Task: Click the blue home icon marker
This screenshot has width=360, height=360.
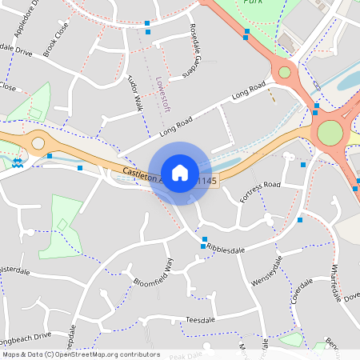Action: point(180,172)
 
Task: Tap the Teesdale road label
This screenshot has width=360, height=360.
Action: point(202,319)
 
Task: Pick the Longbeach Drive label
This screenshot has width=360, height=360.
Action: point(27,335)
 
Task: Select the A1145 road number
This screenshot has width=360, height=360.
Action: point(205,181)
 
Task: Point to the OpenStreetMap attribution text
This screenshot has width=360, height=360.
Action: point(80,354)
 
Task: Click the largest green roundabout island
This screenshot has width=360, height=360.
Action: point(330,132)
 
